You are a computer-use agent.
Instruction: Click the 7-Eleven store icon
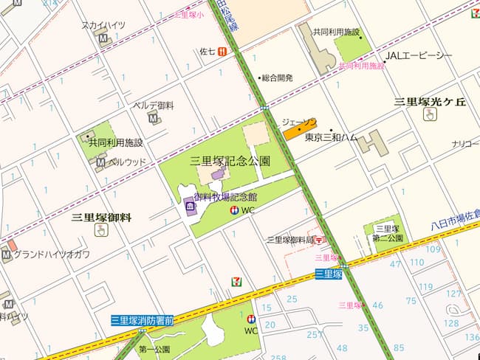(x=236, y=281)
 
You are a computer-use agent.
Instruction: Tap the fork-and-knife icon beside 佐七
(x=222, y=52)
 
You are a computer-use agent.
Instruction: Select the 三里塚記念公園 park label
(x=230, y=160)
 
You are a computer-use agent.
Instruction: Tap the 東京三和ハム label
(x=331, y=137)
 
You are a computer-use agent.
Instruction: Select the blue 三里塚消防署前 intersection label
(x=142, y=320)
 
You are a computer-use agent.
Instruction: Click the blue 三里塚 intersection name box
(x=328, y=274)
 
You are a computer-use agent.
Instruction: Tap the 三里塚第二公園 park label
(x=388, y=234)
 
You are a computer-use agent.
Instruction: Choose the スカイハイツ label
(x=103, y=25)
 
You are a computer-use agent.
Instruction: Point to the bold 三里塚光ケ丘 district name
(x=430, y=102)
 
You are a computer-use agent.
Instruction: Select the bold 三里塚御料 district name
(x=101, y=217)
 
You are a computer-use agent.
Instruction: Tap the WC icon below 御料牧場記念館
(x=234, y=211)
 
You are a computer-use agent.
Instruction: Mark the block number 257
(x=315, y=334)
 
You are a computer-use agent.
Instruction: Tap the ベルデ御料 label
(x=153, y=105)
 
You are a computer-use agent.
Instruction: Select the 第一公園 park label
(x=154, y=350)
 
